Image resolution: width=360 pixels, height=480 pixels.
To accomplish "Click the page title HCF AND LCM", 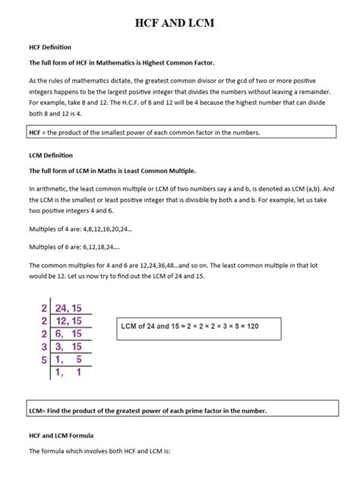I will [180, 24].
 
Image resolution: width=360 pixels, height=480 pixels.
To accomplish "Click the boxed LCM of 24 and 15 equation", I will [199, 327].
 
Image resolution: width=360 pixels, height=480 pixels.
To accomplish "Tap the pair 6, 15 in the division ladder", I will [71, 335].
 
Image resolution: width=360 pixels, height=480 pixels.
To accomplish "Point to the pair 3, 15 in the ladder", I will [71, 347].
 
